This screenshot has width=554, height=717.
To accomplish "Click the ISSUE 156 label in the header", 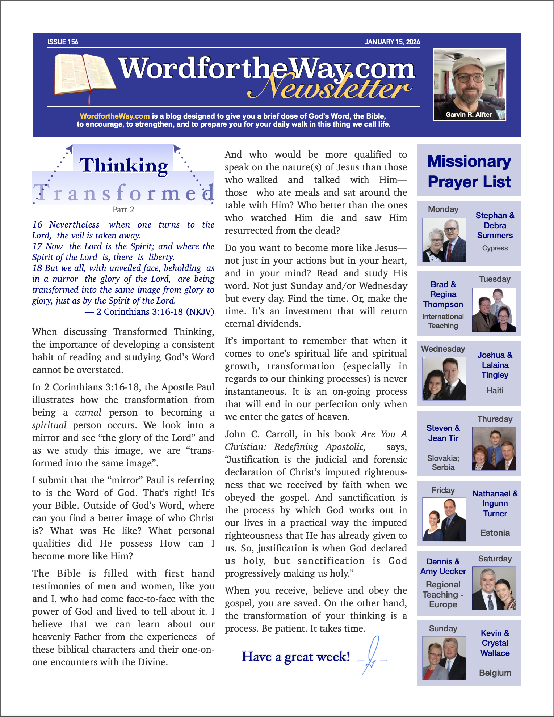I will pos(63,42).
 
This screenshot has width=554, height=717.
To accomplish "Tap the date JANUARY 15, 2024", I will pos(392,42).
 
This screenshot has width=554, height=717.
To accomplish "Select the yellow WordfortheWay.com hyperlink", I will pos(115,116).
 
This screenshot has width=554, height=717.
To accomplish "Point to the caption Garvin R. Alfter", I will pos(469,115).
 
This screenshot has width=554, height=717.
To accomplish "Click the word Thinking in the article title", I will pos(123,165).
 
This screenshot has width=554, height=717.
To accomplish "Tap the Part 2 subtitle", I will pos(123,209).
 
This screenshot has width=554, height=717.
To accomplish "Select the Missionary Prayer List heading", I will pos(469,171).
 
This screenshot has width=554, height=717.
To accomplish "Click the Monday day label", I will pos(443,209).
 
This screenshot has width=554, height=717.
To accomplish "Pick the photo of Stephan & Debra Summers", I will pos(444,239).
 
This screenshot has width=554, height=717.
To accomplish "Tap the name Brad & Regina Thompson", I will pos(443,294).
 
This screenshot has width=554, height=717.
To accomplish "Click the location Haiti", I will pos(495,390).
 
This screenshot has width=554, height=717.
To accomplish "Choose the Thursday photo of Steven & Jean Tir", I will pos(494,449).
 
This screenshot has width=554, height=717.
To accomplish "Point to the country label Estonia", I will pos(495,533).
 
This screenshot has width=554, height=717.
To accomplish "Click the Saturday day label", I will pos(495,559).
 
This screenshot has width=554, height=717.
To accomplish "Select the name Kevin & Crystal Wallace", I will pos(495,643).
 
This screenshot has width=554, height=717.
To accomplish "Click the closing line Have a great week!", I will pos(295,657).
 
